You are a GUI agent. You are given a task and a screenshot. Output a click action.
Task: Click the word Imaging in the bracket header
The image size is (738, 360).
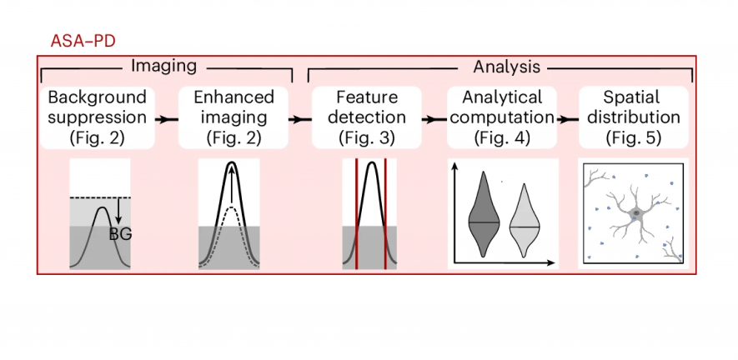(x=163, y=66)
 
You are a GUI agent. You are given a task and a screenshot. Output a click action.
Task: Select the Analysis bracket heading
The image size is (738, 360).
(x=507, y=66)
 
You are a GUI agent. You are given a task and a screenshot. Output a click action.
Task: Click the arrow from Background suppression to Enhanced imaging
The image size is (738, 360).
(x=168, y=118)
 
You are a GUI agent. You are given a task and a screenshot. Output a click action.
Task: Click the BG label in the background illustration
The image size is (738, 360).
(x=122, y=234)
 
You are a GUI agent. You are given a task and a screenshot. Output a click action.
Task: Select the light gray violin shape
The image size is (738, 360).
(x=523, y=222)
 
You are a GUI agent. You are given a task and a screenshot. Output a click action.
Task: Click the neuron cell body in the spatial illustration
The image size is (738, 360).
(x=636, y=214)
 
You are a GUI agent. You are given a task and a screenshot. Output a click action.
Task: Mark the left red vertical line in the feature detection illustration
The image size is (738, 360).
(x=357, y=214)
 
